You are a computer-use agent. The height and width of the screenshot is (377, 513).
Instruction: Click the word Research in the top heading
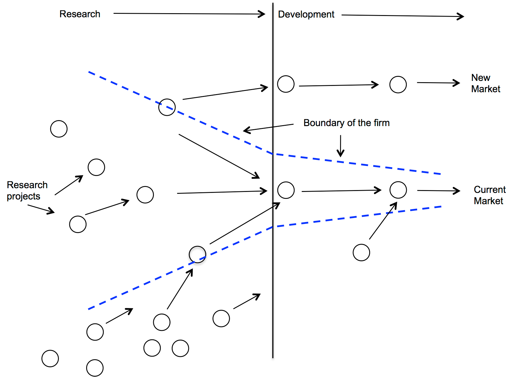[80, 14]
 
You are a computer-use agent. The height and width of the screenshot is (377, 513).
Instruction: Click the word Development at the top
[306, 14]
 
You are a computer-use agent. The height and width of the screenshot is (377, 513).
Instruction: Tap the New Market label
[485, 83]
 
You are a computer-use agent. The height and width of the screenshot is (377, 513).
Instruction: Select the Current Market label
[489, 195]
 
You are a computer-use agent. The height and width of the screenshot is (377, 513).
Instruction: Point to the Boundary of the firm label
[346, 123]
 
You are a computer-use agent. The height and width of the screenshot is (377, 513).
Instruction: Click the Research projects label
[27, 190]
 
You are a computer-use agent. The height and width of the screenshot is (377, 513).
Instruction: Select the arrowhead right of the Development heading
[461, 16]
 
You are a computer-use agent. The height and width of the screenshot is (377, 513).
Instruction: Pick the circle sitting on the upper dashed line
[167, 107]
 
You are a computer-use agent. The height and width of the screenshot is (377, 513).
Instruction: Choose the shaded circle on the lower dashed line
[197, 254]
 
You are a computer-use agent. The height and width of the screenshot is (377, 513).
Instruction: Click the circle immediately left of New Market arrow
[398, 85]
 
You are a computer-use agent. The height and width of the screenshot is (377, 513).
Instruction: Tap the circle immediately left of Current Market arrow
[398, 190]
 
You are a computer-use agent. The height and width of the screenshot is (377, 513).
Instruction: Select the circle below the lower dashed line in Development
[361, 252]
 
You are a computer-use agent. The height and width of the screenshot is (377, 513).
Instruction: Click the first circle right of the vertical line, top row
[286, 84]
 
